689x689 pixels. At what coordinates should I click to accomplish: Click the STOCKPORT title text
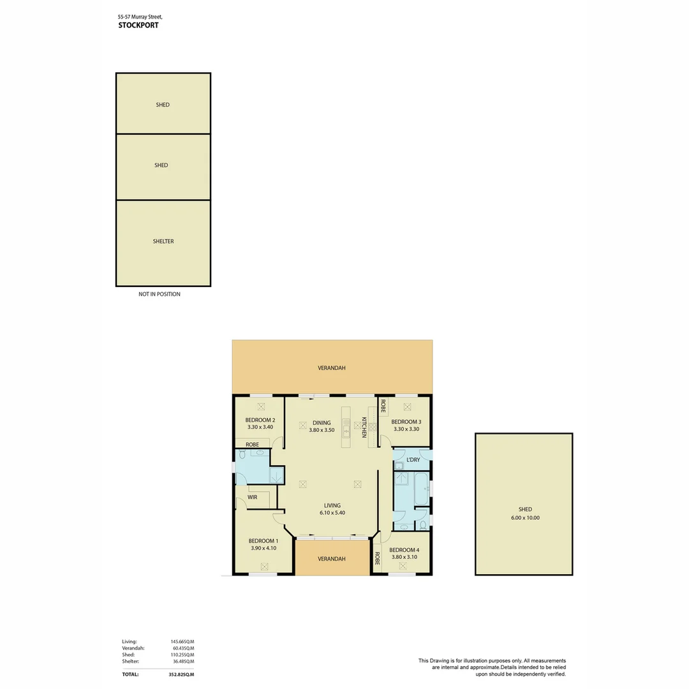(138, 25)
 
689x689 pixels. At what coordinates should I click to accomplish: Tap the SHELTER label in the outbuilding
(163, 241)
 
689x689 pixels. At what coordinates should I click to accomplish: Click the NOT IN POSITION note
(159, 294)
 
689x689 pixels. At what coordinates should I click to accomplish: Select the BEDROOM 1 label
(263, 541)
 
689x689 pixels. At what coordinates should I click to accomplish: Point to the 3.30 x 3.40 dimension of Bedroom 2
(260, 427)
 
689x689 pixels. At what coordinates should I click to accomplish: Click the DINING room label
(322, 423)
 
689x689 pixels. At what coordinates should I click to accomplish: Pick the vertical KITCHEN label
(364, 427)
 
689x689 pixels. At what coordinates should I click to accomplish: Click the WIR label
(252, 498)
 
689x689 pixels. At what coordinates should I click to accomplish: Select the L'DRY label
(413, 459)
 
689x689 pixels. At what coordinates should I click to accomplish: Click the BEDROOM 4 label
(404, 550)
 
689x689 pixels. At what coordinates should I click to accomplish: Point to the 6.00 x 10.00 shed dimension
(525, 517)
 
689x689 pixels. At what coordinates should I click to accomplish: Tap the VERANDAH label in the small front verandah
(331, 559)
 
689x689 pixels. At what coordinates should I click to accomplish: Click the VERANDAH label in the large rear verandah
(331, 368)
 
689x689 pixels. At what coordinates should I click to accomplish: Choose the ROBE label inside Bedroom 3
(383, 406)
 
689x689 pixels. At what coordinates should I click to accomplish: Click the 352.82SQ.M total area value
(181, 674)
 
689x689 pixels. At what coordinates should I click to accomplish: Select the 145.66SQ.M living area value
(182, 642)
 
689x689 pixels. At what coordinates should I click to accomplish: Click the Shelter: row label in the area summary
(131, 661)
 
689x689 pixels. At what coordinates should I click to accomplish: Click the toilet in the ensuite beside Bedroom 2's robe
(242, 454)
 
